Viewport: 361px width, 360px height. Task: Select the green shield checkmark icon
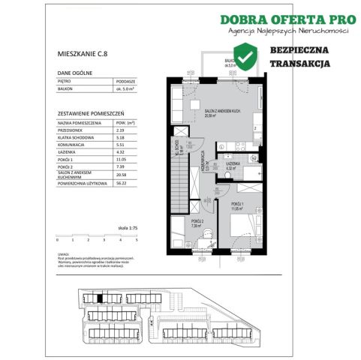coord(245,55)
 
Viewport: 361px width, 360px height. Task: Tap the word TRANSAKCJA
coord(300,65)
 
